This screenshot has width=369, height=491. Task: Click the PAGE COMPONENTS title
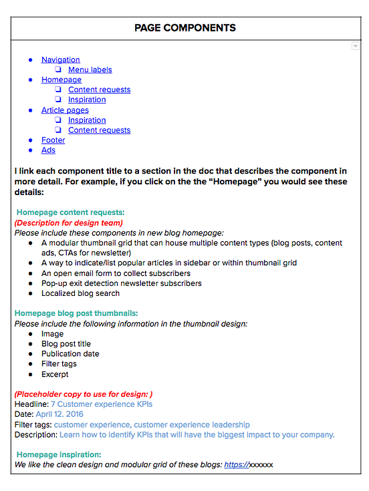[185, 28]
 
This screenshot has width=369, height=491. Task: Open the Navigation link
[60, 59]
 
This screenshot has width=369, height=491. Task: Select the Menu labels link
[90, 69]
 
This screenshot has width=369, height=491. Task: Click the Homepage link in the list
[61, 79]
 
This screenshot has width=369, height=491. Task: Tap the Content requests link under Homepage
[99, 90]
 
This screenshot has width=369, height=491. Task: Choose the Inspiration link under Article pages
[87, 120]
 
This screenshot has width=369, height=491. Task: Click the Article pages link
[65, 110]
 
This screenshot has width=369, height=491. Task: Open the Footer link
[53, 140]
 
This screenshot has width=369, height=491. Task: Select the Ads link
[48, 150]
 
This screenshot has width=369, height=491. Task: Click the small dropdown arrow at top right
[356, 46]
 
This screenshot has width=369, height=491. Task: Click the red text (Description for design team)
[68, 222]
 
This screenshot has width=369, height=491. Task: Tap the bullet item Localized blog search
[80, 293]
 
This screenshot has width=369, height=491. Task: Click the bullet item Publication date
[70, 354]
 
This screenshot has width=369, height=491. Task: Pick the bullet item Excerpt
[55, 374]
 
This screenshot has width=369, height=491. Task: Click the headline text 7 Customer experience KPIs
[102, 405]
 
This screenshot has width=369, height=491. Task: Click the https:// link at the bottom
[236, 464]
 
